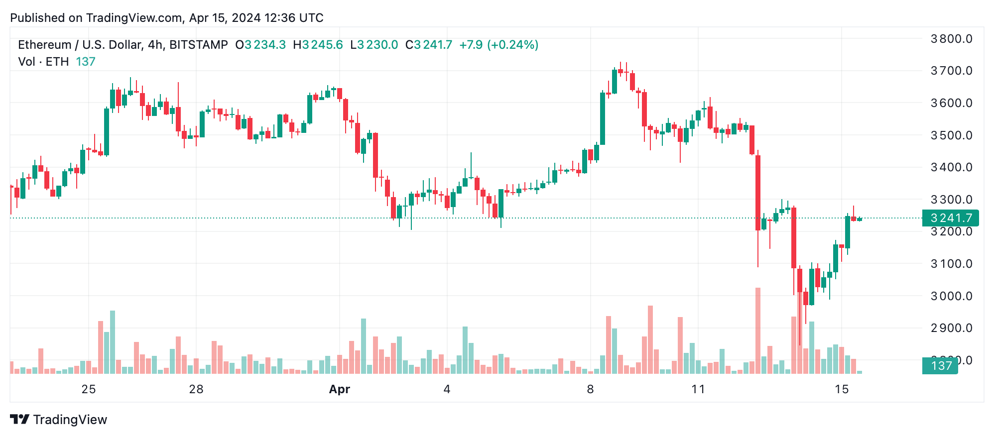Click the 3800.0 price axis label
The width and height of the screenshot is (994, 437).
pyautogui.click(x=951, y=39)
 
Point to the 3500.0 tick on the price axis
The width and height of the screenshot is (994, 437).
pyautogui.click(x=951, y=135)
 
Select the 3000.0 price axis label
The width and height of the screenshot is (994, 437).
pyautogui.click(x=951, y=296)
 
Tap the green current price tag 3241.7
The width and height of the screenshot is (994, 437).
pyautogui.click(x=951, y=218)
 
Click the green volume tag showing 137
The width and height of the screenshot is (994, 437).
pyautogui.click(x=941, y=366)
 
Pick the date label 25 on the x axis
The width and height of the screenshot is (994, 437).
pyautogui.click(x=89, y=389)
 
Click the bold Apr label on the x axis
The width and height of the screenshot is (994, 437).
pyautogui.click(x=340, y=389)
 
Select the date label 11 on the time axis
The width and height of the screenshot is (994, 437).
pyautogui.click(x=698, y=389)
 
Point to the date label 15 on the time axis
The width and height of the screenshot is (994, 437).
pyautogui.click(x=842, y=389)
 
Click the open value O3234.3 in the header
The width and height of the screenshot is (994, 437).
pyautogui.click(x=260, y=45)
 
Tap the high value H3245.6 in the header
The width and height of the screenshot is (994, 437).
pyautogui.click(x=318, y=45)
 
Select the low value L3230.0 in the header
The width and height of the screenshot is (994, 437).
pyautogui.click(x=374, y=45)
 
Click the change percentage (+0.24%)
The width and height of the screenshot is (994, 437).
pyautogui.click(x=512, y=45)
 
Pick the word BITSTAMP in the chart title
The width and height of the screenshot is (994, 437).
pyautogui.click(x=198, y=45)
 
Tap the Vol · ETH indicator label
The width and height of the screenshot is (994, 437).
pyautogui.click(x=43, y=62)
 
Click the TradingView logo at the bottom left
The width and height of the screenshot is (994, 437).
pyautogui.click(x=59, y=420)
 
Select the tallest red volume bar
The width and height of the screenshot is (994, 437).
pyautogui.click(x=758, y=330)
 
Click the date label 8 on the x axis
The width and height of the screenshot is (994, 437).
pyautogui.click(x=590, y=389)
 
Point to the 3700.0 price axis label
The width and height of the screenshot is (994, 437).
pyautogui.click(x=951, y=71)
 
